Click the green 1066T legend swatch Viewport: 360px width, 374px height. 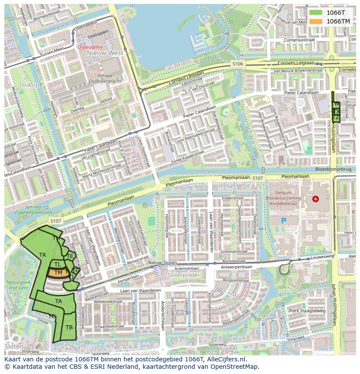[316, 13]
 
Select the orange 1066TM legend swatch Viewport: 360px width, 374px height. [316, 21]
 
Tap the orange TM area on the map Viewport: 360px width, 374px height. [57, 273]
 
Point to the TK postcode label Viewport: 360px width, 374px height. [43, 255]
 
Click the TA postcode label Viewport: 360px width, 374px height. [59, 301]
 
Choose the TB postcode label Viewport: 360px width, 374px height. [69, 327]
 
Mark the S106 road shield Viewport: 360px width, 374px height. [238, 64]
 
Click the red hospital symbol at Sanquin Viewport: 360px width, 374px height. [315, 199]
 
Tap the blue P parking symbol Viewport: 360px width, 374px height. [283, 221]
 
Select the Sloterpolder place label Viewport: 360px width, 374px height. [183, 275]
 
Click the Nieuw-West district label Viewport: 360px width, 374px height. [105, 53]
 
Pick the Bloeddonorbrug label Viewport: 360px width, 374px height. [334, 169]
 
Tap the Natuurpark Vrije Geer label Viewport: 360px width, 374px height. [17, 285]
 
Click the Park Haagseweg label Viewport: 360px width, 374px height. [307, 311]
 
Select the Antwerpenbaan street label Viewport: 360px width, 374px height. [236, 267]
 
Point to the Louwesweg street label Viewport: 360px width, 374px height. [323, 257]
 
